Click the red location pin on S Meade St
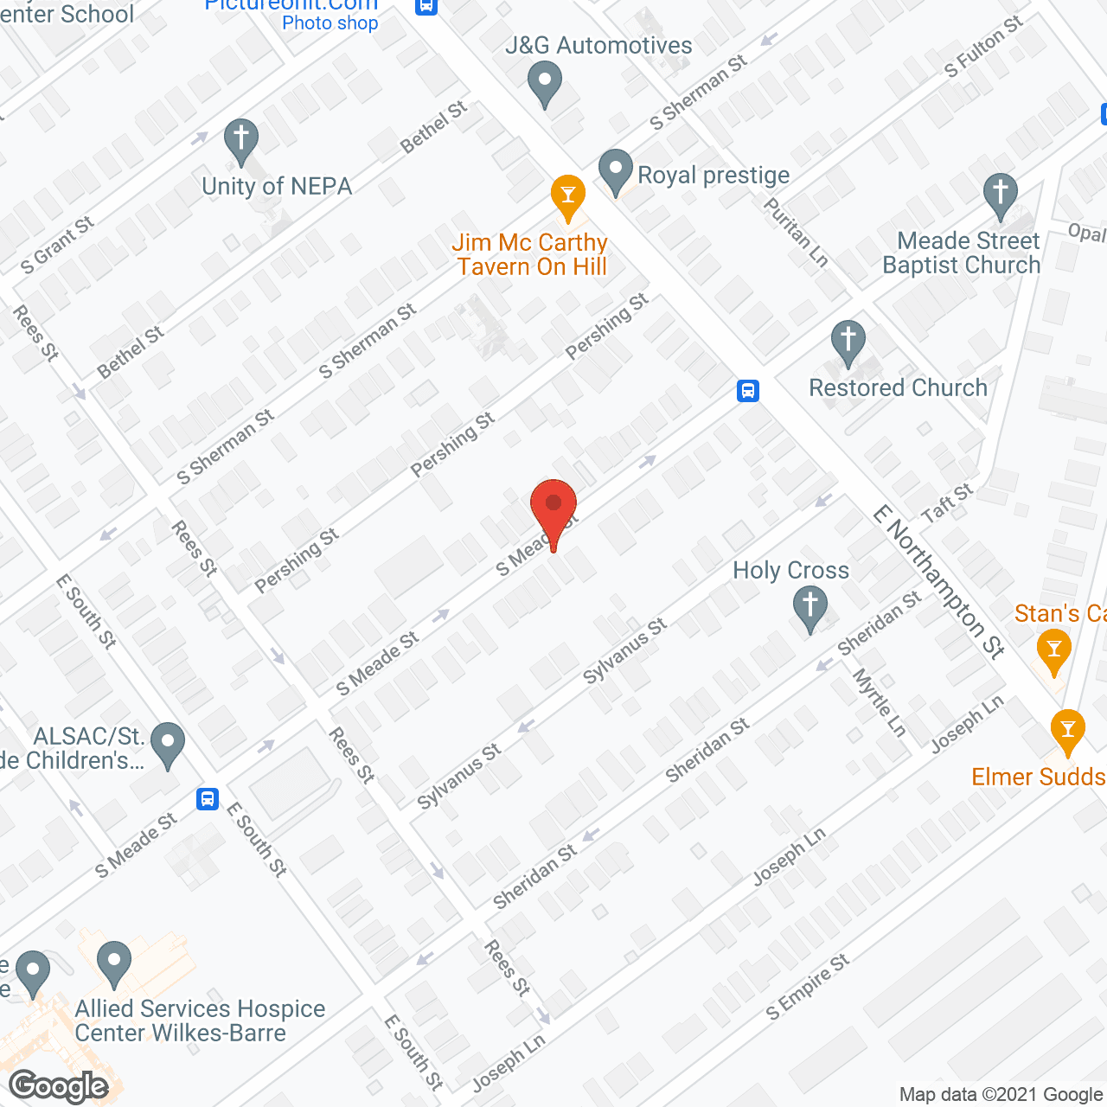pyautogui.click(x=553, y=507)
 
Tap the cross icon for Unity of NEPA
pyautogui.click(x=241, y=139)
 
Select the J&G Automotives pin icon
pyautogui.click(x=545, y=86)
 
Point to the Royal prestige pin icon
pyautogui.click(x=616, y=170)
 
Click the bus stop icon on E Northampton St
pyautogui.click(x=748, y=391)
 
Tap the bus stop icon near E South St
pyautogui.click(x=208, y=798)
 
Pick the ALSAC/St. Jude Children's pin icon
pyautogui.click(x=168, y=743)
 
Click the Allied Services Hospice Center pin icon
pyautogui.click(x=114, y=963)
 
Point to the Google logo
pyautogui.click(x=59, y=1086)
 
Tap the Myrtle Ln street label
pyautogui.click(x=880, y=703)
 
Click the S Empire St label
pyautogui.click(x=808, y=987)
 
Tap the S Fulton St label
pyautogui.click(x=983, y=46)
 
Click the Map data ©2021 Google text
pyautogui.click(x=1001, y=1095)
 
